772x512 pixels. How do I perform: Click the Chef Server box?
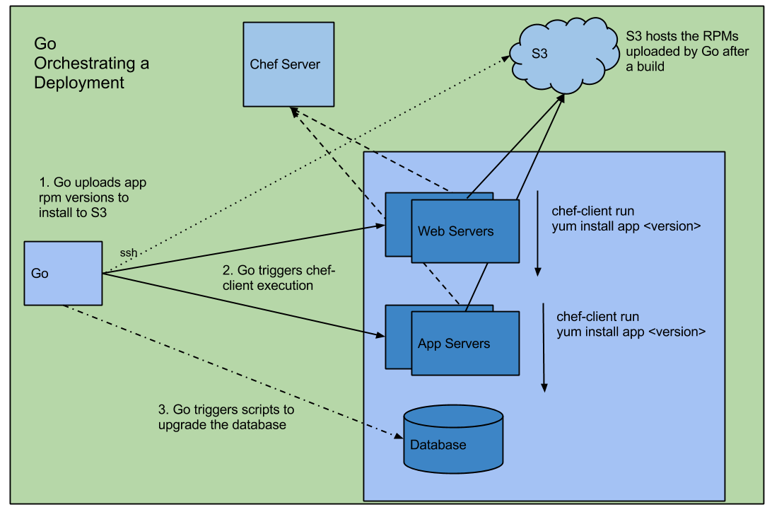pyautogui.click(x=288, y=64)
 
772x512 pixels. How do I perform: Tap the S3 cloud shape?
pyautogui.click(x=558, y=53)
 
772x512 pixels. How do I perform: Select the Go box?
pyautogui.click(x=63, y=273)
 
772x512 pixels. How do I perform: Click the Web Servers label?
pyautogui.click(x=456, y=231)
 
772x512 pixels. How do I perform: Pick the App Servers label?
pyautogui.click(x=454, y=344)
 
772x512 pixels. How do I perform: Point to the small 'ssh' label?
pyautogui.click(x=129, y=253)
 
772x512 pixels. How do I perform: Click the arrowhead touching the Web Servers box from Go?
pyautogui.click(x=380, y=226)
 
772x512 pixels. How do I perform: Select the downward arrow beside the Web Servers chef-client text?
pyautogui.click(x=538, y=233)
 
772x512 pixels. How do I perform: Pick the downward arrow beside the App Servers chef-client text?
pyautogui.click(x=544, y=347)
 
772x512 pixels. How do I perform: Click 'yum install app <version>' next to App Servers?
pyautogui.click(x=631, y=331)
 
